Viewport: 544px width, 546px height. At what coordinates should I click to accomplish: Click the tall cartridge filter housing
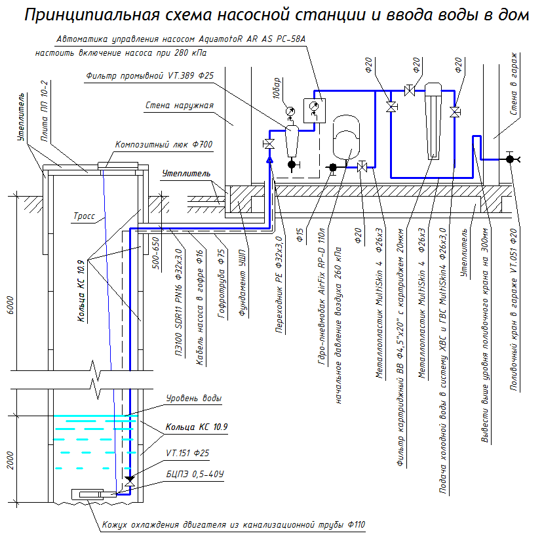coord(433,121)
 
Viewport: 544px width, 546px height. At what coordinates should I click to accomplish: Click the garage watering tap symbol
coord(510,159)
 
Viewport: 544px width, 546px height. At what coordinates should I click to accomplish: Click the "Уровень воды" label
coord(194,398)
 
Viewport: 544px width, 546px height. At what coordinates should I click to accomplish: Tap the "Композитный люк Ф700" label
coord(163,145)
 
